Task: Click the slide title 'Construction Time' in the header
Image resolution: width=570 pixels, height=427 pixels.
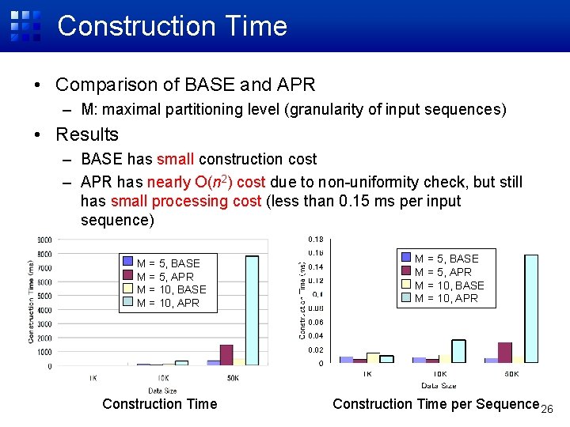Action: [x=172, y=26]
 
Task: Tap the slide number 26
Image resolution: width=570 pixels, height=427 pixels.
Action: [x=546, y=409]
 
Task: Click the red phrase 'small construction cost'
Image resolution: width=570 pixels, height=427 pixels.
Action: [x=237, y=160]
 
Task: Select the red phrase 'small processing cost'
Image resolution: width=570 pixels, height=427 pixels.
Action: [x=186, y=201]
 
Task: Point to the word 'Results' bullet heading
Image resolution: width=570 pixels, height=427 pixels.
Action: [x=87, y=134]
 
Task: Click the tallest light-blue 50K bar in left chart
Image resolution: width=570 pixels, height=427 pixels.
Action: [x=252, y=308]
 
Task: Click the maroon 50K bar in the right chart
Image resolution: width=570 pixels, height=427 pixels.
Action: [x=505, y=353]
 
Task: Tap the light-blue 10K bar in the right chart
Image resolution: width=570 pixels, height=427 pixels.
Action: [x=458, y=351]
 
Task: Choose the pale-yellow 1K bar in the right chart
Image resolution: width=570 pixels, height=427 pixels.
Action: [x=373, y=357]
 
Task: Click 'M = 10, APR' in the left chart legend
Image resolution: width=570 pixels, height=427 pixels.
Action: [x=168, y=303]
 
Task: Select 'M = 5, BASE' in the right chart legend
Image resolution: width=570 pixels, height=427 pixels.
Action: [x=446, y=259]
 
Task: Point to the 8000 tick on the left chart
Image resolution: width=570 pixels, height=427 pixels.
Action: [x=44, y=254]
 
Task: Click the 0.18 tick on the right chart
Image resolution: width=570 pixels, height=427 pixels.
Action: [x=314, y=239]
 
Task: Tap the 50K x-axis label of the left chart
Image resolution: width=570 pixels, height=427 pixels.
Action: [x=232, y=379]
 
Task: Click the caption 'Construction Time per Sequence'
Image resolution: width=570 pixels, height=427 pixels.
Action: [x=435, y=404]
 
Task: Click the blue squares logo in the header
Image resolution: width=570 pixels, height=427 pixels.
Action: [x=25, y=25]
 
